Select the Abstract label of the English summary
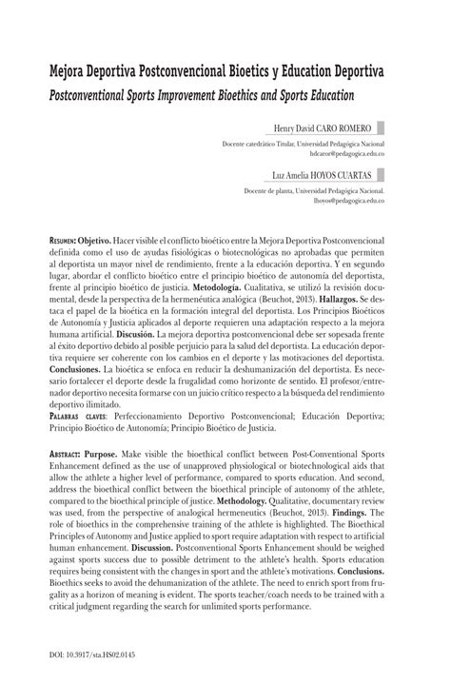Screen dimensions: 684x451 click(x=73, y=481)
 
